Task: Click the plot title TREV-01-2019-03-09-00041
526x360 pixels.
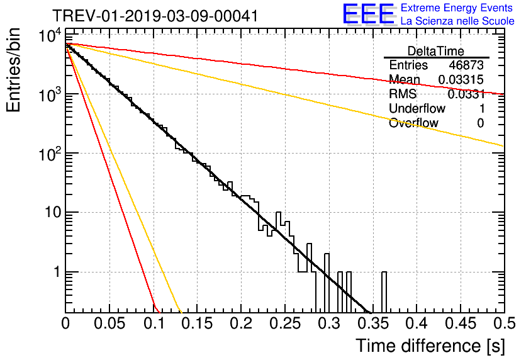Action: (x=155, y=16)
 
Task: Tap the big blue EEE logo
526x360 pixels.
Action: (x=368, y=14)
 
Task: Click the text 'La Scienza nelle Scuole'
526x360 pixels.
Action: (x=457, y=21)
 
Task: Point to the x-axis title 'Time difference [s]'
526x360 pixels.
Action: (x=430, y=346)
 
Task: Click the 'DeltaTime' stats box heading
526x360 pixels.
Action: (x=436, y=51)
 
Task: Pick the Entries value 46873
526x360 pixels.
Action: (x=466, y=65)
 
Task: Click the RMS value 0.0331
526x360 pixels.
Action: (x=466, y=94)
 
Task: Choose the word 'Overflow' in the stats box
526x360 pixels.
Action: (x=413, y=123)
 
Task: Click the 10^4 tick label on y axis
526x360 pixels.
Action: (x=48, y=37)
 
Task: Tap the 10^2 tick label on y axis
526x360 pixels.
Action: (x=48, y=154)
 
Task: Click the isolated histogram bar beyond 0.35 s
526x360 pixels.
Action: (x=384, y=293)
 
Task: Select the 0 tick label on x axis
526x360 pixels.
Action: (x=65, y=324)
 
